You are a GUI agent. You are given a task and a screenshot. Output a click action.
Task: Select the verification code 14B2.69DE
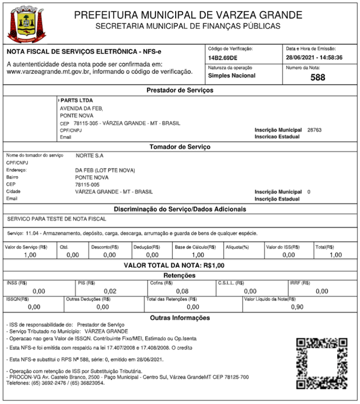tap(223, 58)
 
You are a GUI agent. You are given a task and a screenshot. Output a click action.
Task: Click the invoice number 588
tap(318, 78)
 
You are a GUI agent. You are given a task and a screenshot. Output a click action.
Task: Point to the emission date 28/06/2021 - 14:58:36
tap(314, 58)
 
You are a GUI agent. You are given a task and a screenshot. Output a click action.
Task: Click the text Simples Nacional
tap(231, 75)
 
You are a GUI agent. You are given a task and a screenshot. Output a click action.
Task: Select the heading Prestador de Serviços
tap(180, 90)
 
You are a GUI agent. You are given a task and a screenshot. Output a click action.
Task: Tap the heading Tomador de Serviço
tap(180, 147)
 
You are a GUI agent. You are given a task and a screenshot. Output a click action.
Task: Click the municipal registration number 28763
tap(314, 130)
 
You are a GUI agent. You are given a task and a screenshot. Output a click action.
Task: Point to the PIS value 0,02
tap(110, 291)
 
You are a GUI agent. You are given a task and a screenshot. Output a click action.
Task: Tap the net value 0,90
tap(298, 307)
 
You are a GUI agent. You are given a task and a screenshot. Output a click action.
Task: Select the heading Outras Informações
tap(180, 317)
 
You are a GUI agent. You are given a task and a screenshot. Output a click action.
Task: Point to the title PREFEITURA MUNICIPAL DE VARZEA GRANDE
tap(188, 14)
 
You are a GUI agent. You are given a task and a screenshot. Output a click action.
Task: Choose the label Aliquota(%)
tap(238, 247)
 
